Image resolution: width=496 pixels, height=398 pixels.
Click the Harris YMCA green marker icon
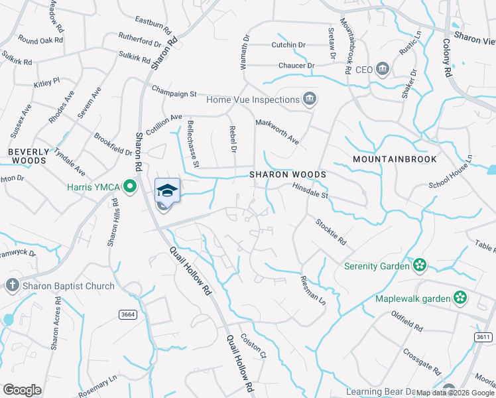coord(130,186)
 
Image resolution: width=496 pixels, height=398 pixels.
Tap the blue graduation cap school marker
coord(167,190)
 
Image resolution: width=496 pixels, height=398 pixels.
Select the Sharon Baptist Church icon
coord(11,286)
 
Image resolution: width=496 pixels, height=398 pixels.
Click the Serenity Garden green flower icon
coord(418,266)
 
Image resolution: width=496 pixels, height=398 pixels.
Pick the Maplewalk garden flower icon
coord(460,298)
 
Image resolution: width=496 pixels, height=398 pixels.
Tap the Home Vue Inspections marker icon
coord(309,99)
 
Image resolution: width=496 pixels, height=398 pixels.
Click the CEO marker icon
coord(382,69)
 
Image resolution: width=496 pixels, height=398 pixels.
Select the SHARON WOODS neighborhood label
coord(287,174)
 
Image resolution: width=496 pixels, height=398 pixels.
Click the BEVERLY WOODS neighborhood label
coord(28,156)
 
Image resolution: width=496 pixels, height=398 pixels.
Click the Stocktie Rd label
coord(331,232)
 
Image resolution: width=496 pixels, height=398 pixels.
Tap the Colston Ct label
coord(253,346)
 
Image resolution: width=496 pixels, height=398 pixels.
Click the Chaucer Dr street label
coord(296,65)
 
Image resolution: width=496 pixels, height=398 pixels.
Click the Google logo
coord(22,390)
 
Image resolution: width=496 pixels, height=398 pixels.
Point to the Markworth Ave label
coord(278,132)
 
